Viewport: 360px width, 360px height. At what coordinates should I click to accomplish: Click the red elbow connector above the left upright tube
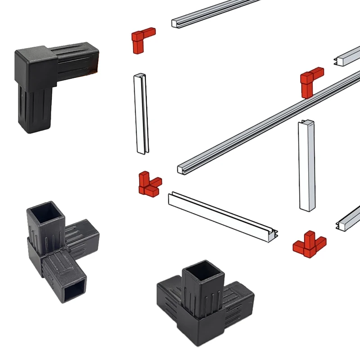142,39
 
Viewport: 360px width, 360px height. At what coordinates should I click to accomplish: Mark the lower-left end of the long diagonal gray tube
182,169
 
